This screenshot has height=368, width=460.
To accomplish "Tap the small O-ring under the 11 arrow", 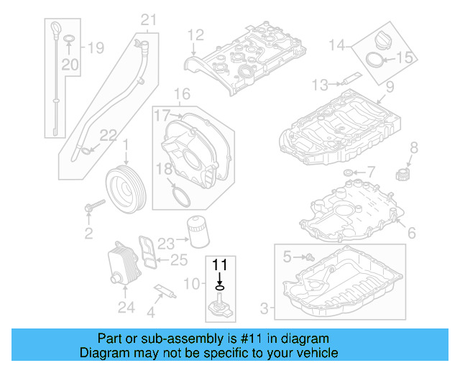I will (219, 288).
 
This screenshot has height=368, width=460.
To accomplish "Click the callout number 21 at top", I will (148, 19).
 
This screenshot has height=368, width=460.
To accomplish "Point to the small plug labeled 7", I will (349, 172).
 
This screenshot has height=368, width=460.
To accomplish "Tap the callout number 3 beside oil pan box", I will (264, 309).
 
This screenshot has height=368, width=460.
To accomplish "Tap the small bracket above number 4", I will (163, 292).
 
